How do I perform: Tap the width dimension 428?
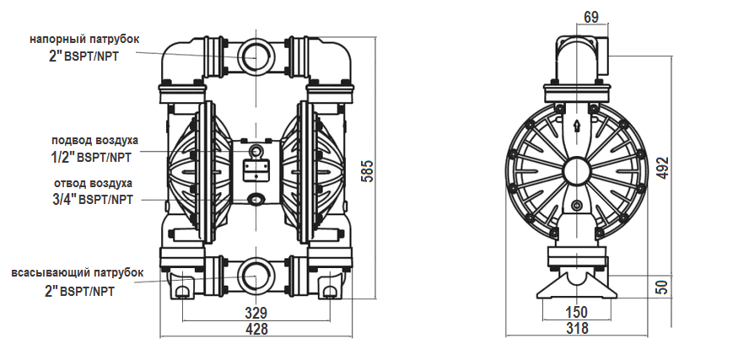click(256, 330)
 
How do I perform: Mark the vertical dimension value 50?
click(663, 286)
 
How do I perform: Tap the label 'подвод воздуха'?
click(94, 140)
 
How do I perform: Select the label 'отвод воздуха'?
click(93, 183)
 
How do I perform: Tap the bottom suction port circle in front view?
click(256, 277)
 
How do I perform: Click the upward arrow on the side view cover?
click(576, 126)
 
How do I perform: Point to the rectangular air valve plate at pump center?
click(256, 169)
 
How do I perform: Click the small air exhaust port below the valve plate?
click(256, 199)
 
